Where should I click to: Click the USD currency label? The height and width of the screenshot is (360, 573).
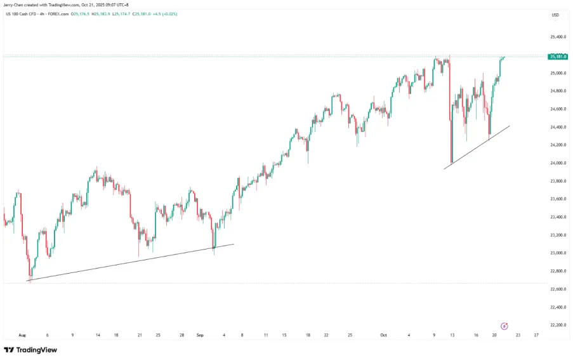(x=555, y=15)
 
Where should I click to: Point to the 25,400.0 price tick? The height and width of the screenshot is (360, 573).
(x=558, y=37)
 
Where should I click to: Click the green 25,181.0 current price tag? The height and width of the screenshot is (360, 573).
(x=558, y=57)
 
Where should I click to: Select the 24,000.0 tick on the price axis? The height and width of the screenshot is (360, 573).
(x=558, y=163)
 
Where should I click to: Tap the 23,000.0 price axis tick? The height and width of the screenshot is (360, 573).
(x=558, y=253)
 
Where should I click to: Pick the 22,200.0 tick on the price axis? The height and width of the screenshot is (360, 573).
(x=558, y=325)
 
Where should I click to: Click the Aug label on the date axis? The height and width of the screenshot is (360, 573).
(x=22, y=335)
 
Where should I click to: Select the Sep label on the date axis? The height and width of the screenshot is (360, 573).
(x=199, y=335)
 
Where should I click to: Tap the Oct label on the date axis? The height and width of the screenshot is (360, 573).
(x=383, y=335)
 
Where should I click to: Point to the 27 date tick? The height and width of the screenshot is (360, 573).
(x=537, y=335)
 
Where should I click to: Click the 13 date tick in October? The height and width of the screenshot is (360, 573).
(x=452, y=335)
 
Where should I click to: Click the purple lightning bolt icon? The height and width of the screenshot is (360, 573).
(x=504, y=326)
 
